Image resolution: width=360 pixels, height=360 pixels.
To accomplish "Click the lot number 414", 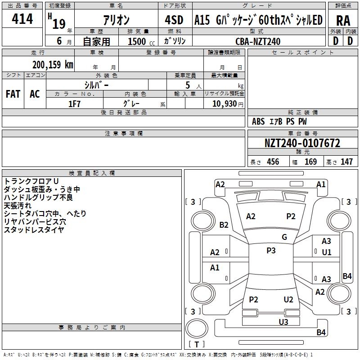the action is (22, 19).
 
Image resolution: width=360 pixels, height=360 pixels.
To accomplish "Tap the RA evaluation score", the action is (343, 21).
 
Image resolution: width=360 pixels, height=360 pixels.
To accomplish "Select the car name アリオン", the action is (116, 20).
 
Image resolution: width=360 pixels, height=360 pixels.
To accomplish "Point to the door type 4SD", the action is (174, 20).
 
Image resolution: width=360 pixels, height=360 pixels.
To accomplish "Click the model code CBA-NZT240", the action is (258, 41).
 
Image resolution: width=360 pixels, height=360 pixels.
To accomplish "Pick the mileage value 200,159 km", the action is (53, 64).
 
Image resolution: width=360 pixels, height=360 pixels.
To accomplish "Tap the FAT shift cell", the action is (13, 94).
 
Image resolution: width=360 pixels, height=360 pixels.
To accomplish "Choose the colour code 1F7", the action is (74, 103).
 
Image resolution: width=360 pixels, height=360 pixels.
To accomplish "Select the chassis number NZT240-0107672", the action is (302, 144).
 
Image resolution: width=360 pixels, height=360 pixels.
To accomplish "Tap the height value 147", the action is (346, 162).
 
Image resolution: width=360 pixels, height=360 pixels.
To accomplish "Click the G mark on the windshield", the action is (284, 237).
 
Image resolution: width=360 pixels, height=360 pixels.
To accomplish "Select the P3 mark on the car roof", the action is (271, 251).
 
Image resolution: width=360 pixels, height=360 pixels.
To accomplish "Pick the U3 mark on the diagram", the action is (283, 321).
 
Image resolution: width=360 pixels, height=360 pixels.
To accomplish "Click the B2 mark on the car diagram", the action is (224, 225).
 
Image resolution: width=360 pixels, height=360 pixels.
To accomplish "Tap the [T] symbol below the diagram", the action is (197, 344).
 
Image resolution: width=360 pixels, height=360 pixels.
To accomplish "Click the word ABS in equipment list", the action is (258, 121).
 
